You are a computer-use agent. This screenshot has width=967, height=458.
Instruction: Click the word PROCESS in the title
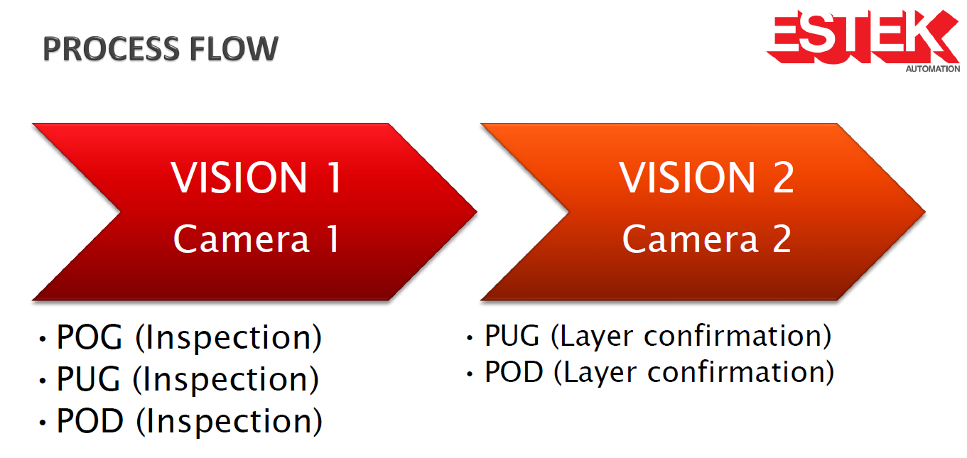click(x=111, y=48)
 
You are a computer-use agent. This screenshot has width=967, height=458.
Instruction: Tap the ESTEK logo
click(x=863, y=38)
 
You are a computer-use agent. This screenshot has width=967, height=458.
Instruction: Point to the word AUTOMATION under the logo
click(x=932, y=69)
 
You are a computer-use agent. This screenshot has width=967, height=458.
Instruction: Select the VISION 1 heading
click(x=256, y=178)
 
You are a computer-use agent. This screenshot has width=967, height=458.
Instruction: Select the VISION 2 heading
click(x=707, y=178)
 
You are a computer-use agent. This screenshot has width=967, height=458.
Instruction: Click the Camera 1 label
click(x=256, y=239)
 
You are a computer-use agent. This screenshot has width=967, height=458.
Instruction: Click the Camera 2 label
click(x=707, y=239)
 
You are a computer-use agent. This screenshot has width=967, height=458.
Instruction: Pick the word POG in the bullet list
click(x=90, y=337)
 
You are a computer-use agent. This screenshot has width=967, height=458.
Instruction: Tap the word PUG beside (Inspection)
click(x=88, y=378)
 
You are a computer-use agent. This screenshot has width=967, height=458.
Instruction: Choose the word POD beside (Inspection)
click(x=90, y=420)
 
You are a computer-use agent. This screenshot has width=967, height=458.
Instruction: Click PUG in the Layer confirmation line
click(x=512, y=335)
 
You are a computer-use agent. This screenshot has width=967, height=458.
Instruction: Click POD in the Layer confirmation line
click(x=514, y=371)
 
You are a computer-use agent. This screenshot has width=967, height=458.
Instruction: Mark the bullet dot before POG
click(x=43, y=339)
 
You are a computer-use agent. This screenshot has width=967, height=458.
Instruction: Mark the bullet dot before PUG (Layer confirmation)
click(x=470, y=338)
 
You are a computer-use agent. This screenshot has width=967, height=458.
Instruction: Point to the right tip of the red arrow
click(x=477, y=212)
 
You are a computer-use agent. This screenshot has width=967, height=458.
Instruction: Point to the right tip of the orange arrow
click(x=925, y=212)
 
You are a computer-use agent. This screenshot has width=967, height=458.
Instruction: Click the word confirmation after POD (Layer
click(x=741, y=372)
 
